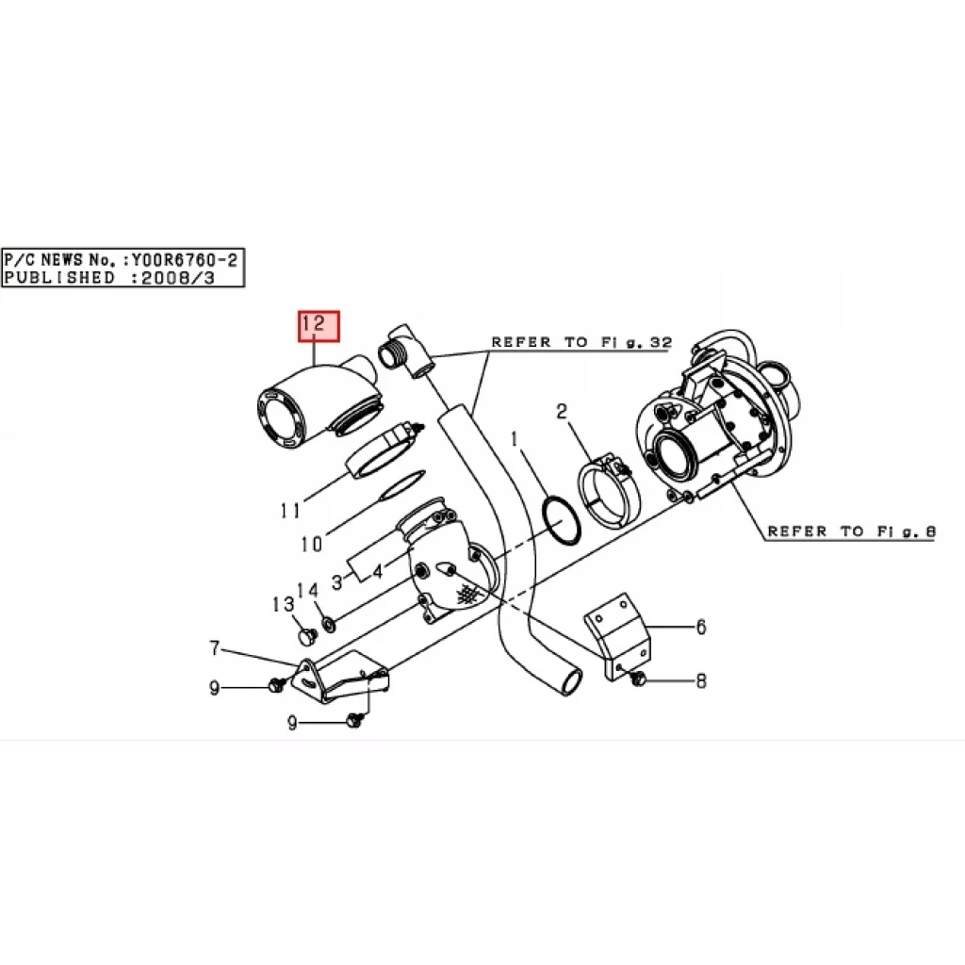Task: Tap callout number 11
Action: (x=290, y=510)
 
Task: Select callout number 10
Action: (x=311, y=544)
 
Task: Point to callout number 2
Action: (x=562, y=411)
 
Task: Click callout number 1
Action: (x=515, y=439)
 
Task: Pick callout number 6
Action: (x=701, y=627)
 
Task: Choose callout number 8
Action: (x=701, y=680)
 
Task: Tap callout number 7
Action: (x=214, y=648)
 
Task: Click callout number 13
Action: (x=283, y=604)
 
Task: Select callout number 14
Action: (x=308, y=591)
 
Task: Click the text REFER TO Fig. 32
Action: (x=581, y=342)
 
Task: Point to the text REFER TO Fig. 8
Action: (x=852, y=532)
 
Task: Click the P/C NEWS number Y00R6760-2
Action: (x=184, y=260)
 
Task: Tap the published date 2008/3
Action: (x=178, y=278)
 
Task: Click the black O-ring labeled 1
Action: (x=561, y=520)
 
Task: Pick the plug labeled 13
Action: (x=306, y=637)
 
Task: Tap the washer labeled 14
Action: (x=329, y=625)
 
